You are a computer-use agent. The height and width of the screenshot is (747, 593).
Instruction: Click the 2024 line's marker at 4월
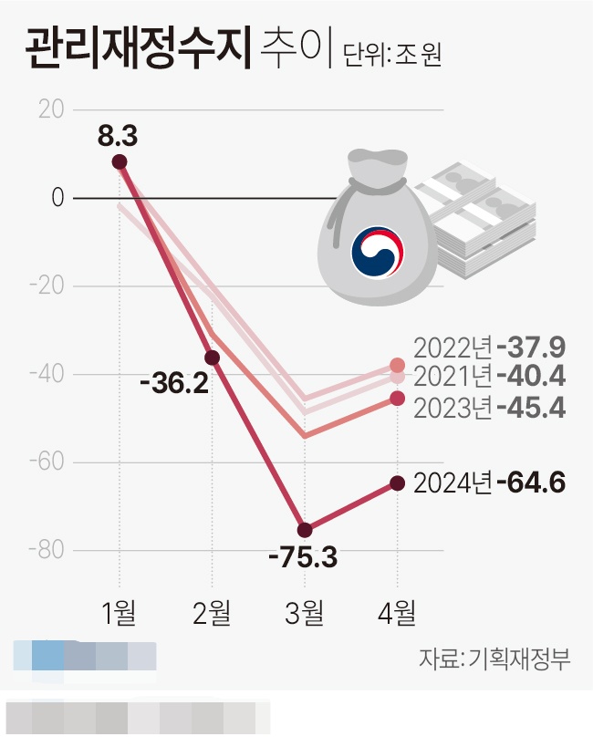(x=397, y=482)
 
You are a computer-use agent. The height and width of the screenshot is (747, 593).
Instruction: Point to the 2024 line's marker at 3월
(x=305, y=530)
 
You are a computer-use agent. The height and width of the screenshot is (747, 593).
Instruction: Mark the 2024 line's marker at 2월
(x=212, y=358)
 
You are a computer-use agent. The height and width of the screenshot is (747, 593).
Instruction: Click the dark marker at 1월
(x=119, y=162)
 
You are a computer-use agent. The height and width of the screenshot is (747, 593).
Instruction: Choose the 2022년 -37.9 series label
(x=489, y=348)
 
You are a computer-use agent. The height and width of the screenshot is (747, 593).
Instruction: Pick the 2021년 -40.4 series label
(x=489, y=376)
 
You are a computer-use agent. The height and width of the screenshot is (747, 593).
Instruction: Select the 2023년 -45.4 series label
(x=489, y=407)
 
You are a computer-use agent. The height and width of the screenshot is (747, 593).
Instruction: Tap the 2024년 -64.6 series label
(x=489, y=482)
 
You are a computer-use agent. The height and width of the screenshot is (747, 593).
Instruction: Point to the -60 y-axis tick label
(x=47, y=462)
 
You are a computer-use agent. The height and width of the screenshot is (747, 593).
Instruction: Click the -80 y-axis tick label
(x=47, y=551)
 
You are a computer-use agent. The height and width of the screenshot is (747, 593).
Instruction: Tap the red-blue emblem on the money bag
(x=378, y=253)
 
